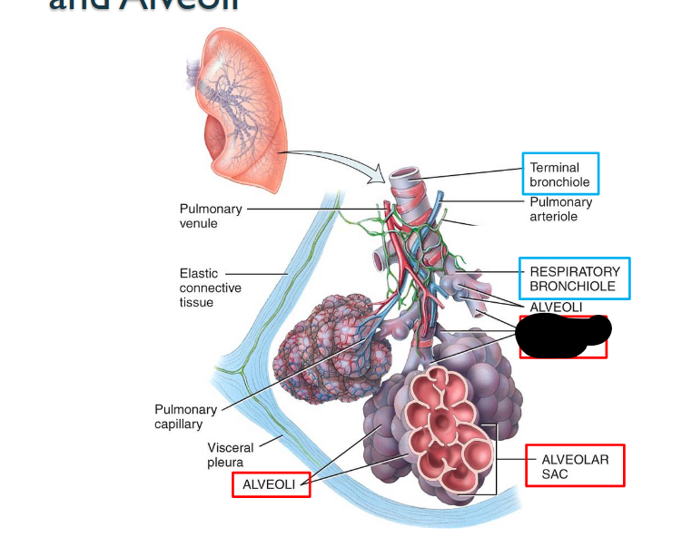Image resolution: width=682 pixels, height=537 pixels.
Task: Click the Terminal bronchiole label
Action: (x=560, y=175)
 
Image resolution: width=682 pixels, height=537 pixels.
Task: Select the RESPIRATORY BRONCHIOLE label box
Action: (x=574, y=278)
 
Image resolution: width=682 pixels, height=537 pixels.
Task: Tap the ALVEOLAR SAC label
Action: (x=575, y=466)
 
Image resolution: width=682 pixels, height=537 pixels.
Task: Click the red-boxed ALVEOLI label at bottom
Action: (x=270, y=484)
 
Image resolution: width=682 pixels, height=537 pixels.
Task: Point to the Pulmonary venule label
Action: (x=211, y=216)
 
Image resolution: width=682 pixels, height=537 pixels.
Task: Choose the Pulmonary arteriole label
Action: (x=560, y=210)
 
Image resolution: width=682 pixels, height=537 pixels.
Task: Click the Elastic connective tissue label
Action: (x=210, y=287)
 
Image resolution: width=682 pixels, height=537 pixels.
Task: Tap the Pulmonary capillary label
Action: (x=185, y=416)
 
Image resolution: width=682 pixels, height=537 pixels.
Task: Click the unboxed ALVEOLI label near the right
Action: (x=556, y=308)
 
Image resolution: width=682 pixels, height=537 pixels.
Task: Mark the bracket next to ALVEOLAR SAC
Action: (x=495, y=458)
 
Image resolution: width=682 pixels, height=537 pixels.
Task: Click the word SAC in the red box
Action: (x=555, y=474)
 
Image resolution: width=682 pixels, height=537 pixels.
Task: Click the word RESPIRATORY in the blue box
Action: (x=575, y=271)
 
